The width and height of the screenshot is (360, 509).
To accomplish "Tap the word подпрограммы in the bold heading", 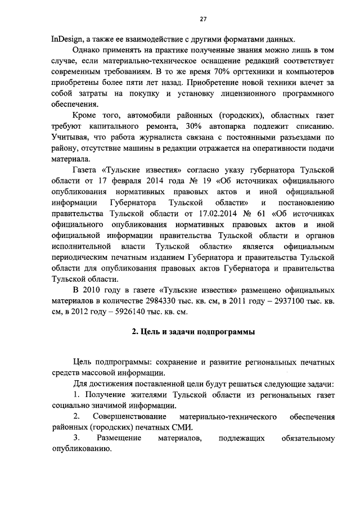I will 229,332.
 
